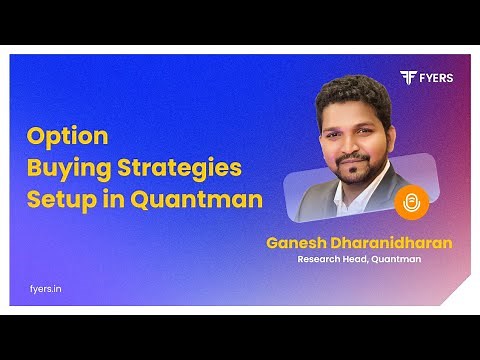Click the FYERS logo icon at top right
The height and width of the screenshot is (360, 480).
tap(408, 78)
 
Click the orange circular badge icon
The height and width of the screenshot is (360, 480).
tap(410, 203)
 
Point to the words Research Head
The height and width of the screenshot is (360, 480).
tap(334, 260)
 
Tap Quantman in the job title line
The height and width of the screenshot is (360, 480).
tap(397, 260)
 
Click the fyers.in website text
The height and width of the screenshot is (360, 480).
tap(46, 289)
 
